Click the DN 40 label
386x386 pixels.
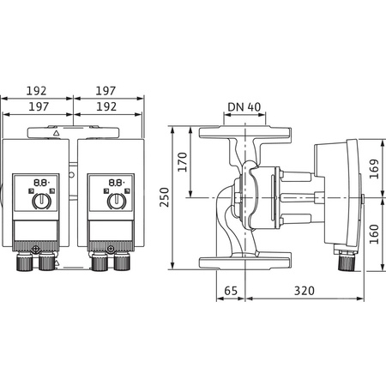tap(244, 108)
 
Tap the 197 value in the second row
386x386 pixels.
tap(36, 108)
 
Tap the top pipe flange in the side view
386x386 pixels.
tap(244, 134)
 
